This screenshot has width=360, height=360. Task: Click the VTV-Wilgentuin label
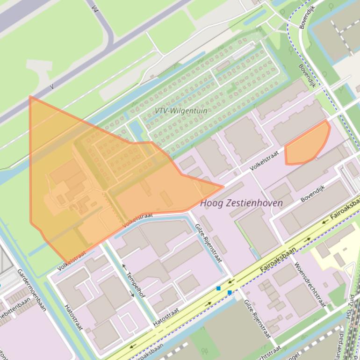181,111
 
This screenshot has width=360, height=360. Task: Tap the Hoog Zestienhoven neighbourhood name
241,203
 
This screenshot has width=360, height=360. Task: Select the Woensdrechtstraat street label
309,284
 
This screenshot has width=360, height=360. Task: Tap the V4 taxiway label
95,9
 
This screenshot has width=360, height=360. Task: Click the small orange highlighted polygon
306,145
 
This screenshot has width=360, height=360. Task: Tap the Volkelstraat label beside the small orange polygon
264,159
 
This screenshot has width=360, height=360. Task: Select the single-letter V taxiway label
52,86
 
